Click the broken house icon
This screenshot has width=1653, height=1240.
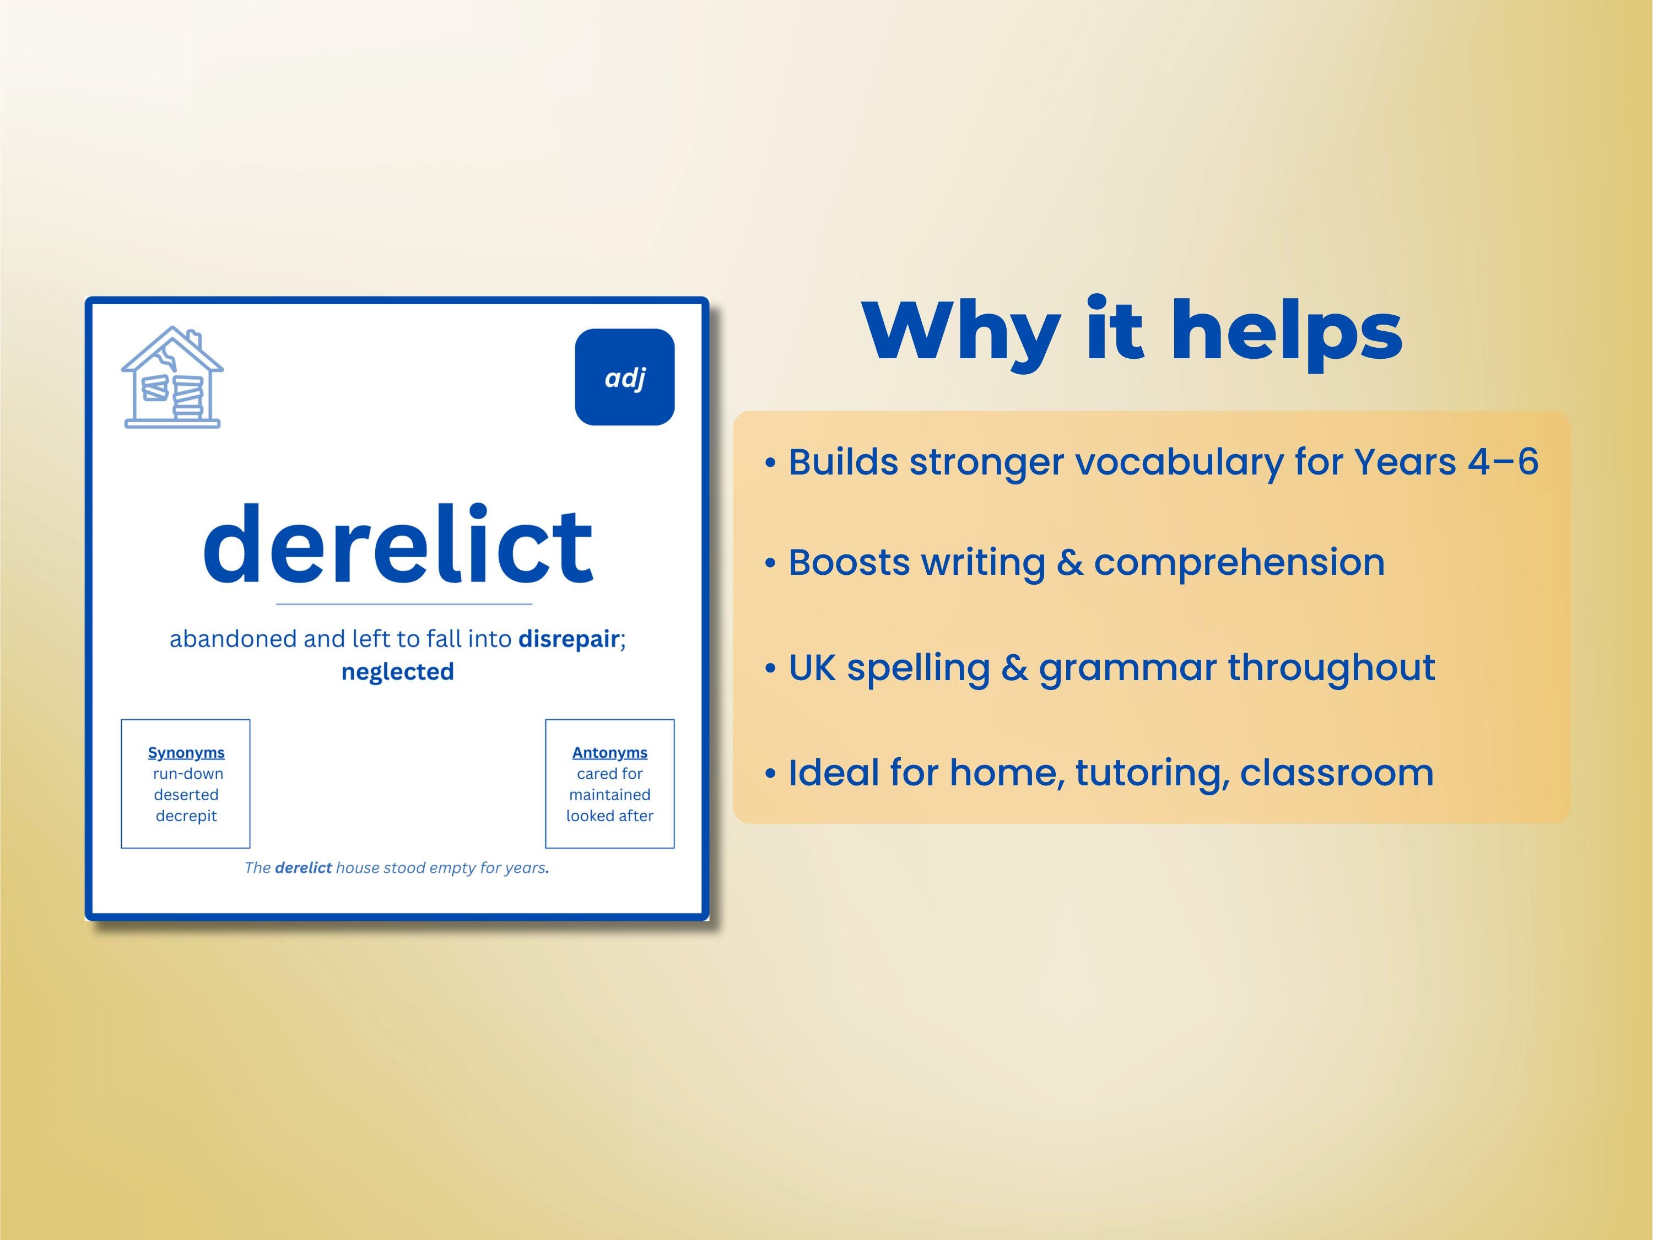(x=172, y=378)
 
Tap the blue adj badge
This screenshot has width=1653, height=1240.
(x=625, y=377)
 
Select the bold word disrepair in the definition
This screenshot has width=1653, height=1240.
(x=569, y=639)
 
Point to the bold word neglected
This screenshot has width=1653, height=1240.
(x=398, y=671)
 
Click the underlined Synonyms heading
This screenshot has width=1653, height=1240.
(x=186, y=753)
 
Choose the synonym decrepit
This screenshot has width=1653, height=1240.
(x=186, y=816)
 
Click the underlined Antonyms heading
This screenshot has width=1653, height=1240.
(x=610, y=753)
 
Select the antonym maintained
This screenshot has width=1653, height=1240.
(x=610, y=795)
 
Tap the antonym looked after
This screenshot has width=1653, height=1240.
(x=610, y=816)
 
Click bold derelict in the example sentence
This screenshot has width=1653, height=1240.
(x=304, y=868)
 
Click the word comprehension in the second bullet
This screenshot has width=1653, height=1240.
(x=1239, y=563)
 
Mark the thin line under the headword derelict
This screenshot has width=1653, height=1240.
(x=403, y=603)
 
